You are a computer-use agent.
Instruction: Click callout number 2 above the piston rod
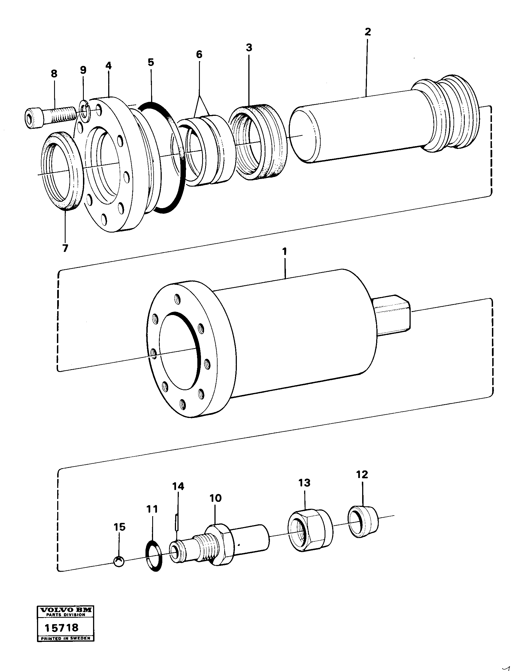point(367,32)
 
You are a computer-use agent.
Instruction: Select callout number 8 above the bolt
point(54,74)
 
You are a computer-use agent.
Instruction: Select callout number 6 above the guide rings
point(199,55)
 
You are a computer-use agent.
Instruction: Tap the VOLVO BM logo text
point(65,610)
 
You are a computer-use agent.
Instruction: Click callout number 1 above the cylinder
point(284,251)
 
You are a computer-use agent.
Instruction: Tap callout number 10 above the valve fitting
point(215,498)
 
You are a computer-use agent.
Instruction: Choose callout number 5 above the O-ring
point(151,62)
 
